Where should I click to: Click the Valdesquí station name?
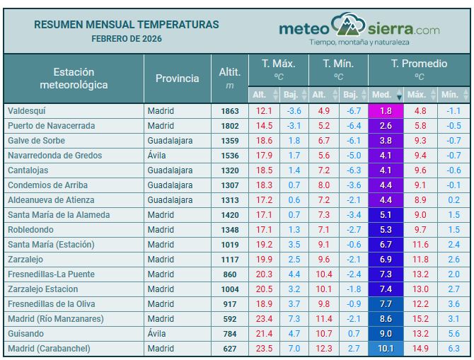click(26, 111)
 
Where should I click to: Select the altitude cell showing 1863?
click(229, 111)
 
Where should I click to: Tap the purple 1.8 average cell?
click(386, 111)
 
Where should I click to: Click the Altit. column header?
click(230, 77)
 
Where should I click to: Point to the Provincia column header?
click(177, 78)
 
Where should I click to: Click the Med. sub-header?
click(382, 94)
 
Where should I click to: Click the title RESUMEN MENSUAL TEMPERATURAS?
click(127, 25)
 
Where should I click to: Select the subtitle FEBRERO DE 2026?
click(127, 38)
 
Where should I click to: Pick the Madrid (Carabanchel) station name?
click(50, 349)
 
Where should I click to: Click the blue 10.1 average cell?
click(386, 349)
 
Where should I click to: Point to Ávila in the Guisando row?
click(156, 334)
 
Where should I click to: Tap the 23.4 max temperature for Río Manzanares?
click(264, 319)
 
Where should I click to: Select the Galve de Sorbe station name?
click(36, 141)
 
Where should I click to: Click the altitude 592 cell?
click(230, 319)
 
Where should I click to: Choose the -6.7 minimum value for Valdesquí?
click(352, 111)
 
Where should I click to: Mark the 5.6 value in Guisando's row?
click(453, 334)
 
